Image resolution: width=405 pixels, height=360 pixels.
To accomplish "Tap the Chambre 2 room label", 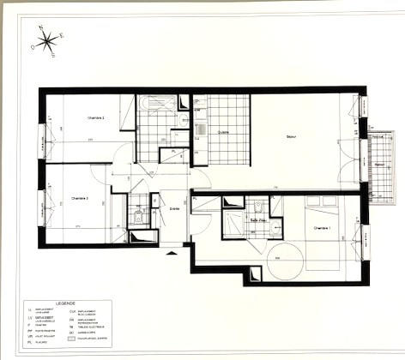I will click(x=95, y=117).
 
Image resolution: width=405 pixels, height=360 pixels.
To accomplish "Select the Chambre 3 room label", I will click(x=81, y=198).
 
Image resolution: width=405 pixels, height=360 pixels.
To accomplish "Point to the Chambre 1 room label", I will click(x=322, y=228).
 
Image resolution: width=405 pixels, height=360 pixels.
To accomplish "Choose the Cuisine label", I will click(x=223, y=132).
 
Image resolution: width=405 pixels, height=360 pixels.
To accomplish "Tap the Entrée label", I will click(x=175, y=208).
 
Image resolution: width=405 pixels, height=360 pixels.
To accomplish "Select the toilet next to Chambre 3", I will click(x=138, y=216).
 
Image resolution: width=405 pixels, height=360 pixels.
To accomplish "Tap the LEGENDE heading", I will click(x=64, y=303).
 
